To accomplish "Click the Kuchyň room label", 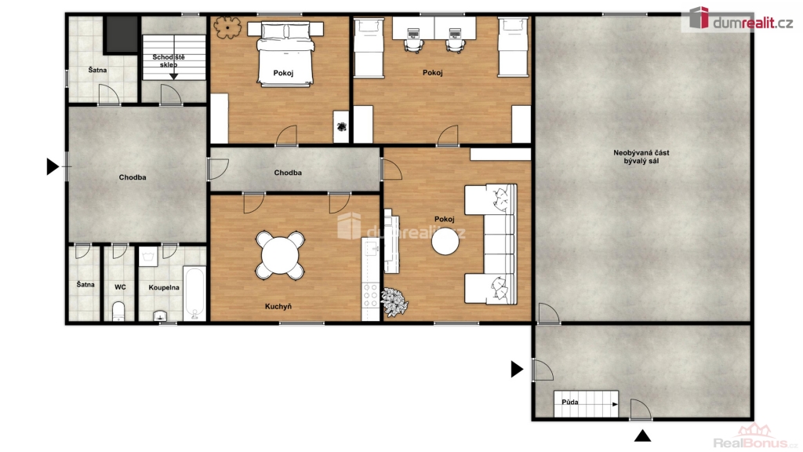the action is [278, 307].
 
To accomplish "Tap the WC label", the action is [120, 287].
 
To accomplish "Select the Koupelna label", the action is [164, 287].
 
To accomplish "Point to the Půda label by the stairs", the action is [570, 402].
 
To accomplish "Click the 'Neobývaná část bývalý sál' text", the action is [641, 157].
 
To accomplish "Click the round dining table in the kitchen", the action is [280, 255].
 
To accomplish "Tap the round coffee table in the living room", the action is [445, 242].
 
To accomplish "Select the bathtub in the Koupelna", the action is [194, 293].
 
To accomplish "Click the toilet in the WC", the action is [119, 311].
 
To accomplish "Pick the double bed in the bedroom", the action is [285, 54].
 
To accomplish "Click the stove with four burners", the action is [370, 296].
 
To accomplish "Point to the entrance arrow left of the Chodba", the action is [53, 166].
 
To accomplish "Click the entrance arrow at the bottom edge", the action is [643, 436].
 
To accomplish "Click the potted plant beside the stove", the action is [394, 301].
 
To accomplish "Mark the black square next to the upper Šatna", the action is [122, 34].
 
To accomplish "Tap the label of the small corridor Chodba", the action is [288, 173].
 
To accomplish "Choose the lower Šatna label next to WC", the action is [85, 284].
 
